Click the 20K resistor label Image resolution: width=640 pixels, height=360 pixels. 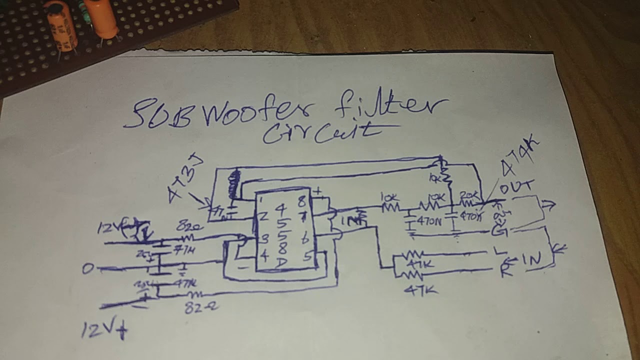(469, 194)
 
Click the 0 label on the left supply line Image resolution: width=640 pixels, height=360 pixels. (88, 269)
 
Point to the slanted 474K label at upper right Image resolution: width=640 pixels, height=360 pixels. (520, 156)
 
